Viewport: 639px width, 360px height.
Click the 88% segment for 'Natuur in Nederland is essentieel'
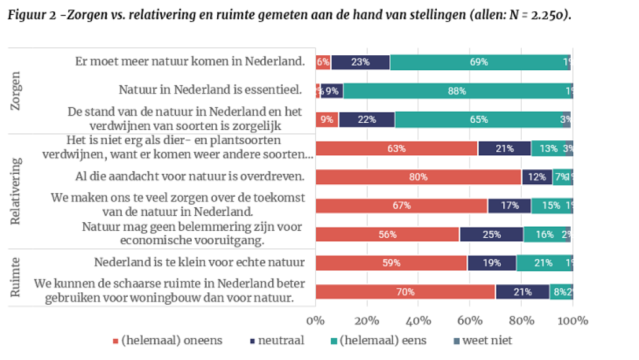[x=457, y=91]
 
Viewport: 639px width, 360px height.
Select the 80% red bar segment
[x=418, y=177]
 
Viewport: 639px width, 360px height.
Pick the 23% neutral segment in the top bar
[x=360, y=62]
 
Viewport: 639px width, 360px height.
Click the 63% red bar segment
[x=396, y=148]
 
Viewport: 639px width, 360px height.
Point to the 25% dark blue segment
[x=491, y=234]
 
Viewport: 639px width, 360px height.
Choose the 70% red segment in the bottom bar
[x=406, y=291]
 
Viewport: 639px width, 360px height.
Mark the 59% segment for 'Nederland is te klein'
[x=391, y=263]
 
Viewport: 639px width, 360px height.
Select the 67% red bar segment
[x=401, y=205]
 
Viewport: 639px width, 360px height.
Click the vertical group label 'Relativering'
[x=17, y=191]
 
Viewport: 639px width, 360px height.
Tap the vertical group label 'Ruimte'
[x=17, y=277]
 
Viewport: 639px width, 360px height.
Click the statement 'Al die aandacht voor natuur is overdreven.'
[x=194, y=176]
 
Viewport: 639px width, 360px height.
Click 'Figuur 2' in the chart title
[x=30, y=14]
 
